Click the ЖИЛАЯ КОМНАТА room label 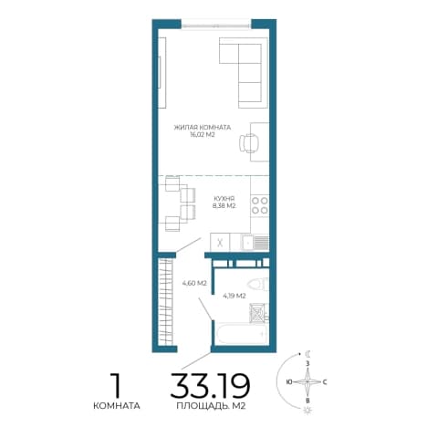[x=203, y=128]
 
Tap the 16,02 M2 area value [x=203, y=135]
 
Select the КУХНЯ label [x=224, y=198]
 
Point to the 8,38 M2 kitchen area [x=224, y=205]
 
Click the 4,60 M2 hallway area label [x=194, y=284]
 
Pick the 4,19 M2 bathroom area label [x=234, y=296]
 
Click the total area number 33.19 [x=210, y=385]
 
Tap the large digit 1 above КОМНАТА [x=116, y=385]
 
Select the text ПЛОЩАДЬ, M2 [x=211, y=406]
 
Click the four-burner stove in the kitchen [x=260, y=205]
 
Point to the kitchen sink [x=255, y=243]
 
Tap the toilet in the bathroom [x=258, y=285]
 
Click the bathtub [x=242, y=334]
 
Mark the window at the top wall [x=216, y=24]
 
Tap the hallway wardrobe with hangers [x=167, y=301]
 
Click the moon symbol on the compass [x=308, y=354]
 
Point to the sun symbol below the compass [x=307, y=410]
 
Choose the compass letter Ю [x=289, y=381]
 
